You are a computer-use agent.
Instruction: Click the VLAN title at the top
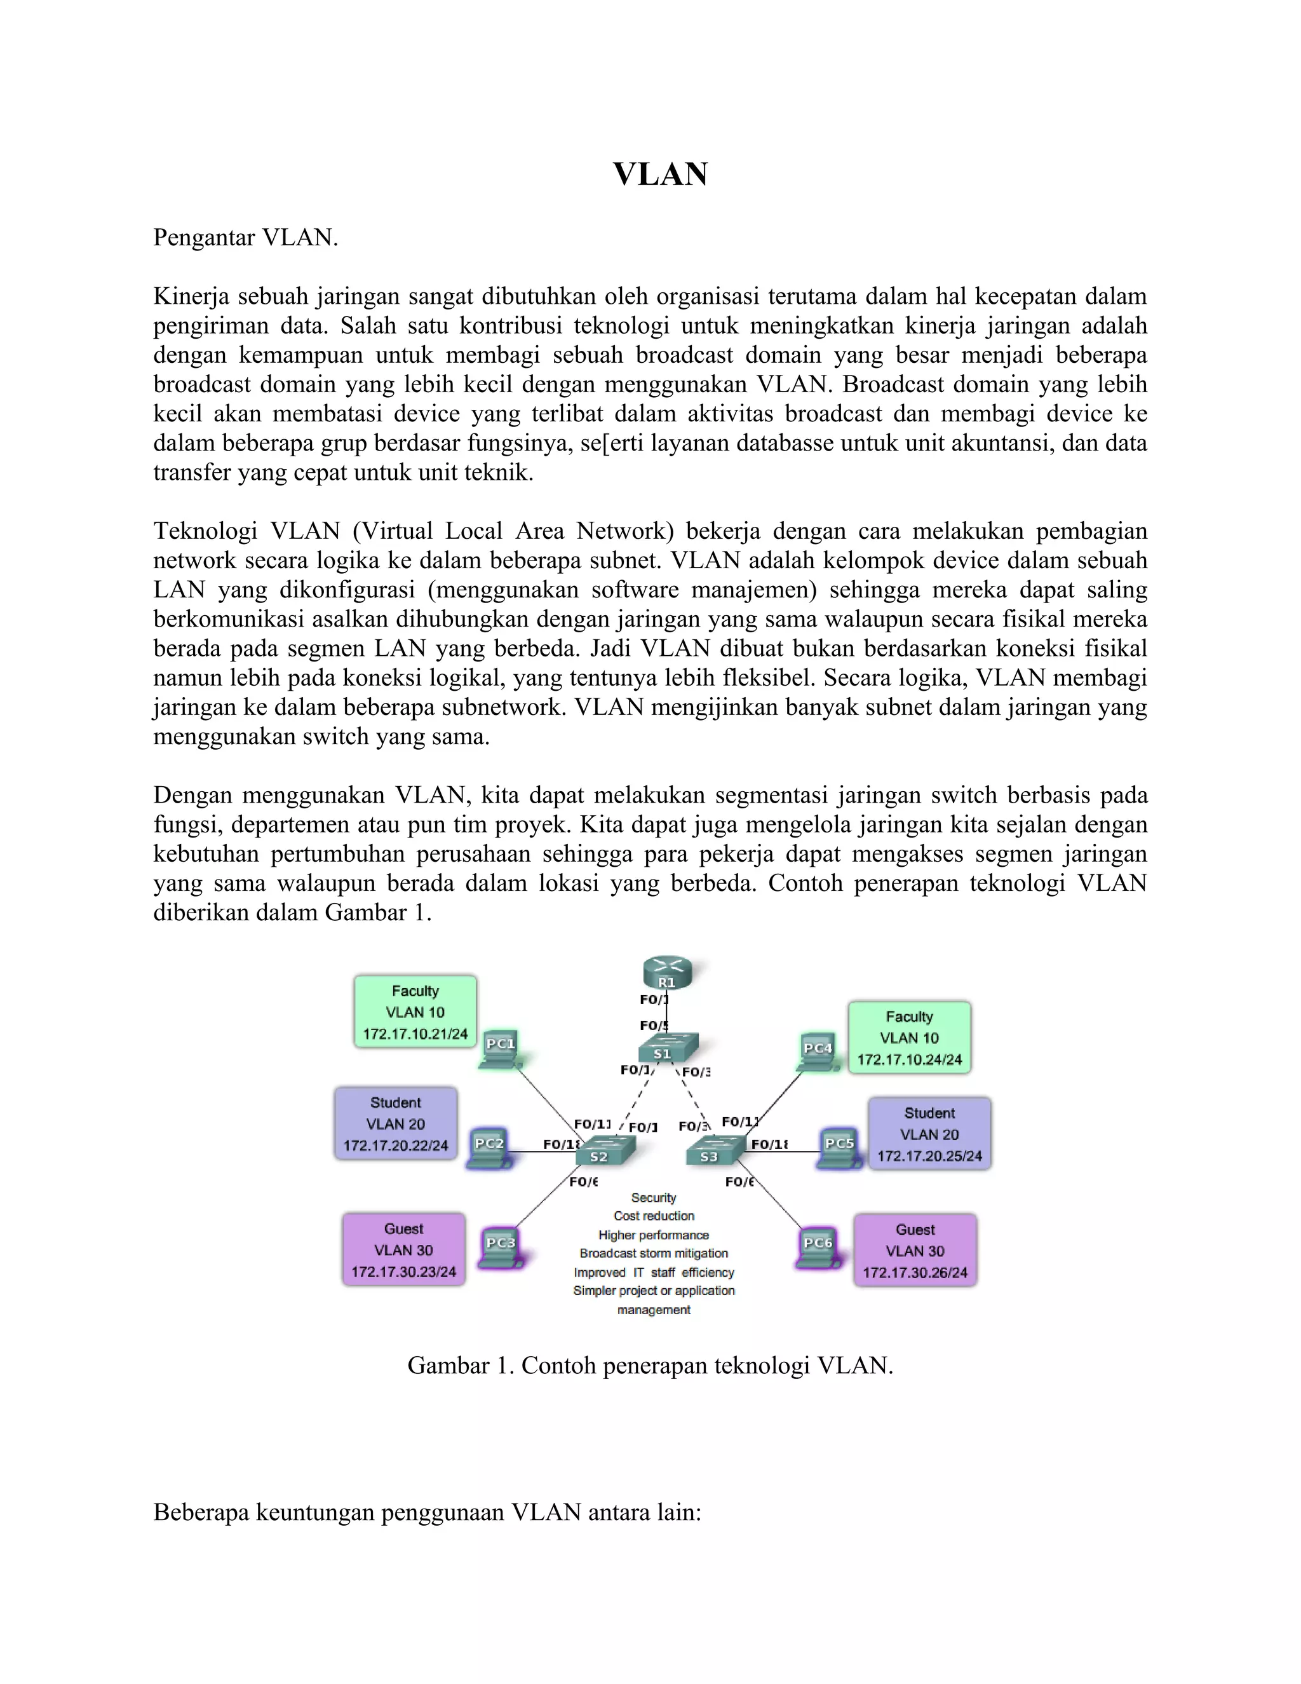click(661, 174)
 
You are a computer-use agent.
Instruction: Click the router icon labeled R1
click(668, 973)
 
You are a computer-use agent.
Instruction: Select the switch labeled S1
click(666, 1049)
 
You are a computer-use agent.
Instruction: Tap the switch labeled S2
click(606, 1151)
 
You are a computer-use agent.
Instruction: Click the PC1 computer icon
click(501, 1051)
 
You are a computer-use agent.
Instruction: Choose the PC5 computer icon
click(839, 1150)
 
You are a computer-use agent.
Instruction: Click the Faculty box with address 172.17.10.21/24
click(415, 1012)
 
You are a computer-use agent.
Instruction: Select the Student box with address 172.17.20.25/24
click(929, 1134)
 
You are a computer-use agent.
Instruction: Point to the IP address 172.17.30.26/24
click(915, 1273)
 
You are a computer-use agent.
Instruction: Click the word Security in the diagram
click(654, 1197)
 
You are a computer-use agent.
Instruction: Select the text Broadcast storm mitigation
click(654, 1254)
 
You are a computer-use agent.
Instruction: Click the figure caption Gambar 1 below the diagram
click(650, 1366)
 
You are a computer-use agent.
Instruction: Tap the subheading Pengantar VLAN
click(246, 238)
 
